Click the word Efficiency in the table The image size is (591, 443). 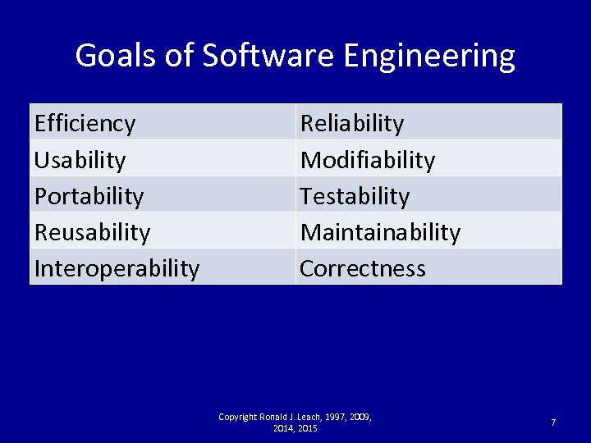[x=85, y=123]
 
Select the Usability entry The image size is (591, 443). [x=80, y=159]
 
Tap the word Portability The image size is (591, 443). [x=89, y=196]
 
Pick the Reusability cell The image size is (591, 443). [x=92, y=232]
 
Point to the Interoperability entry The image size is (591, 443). [x=117, y=268]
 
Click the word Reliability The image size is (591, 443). [x=352, y=123]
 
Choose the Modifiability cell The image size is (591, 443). [x=367, y=159]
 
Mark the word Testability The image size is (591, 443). [x=354, y=196]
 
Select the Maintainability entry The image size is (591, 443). [x=380, y=232]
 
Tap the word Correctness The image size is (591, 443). [x=362, y=268]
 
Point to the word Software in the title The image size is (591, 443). [x=269, y=56]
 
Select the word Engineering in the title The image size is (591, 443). [x=429, y=56]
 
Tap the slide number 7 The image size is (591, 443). [x=552, y=422]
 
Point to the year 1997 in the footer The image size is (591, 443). [x=337, y=417]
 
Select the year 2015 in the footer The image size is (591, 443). [x=308, y=428]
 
